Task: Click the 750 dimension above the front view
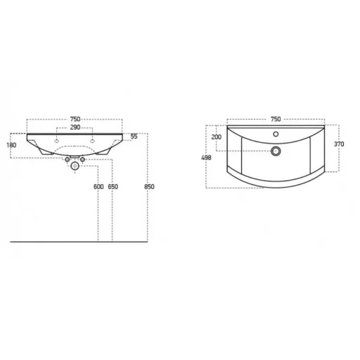pyautogui.click(x=75, y=119)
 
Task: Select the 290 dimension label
pyautogui.click(x=75, y=127)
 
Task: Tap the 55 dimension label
pyautogui.click(x=134, y=136)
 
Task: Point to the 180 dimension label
pyautogui.click(x=11, y=145)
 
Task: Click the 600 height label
pyautogui.click(x=98, y=187)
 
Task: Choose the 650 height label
pyautogui.click(x=113, y=187)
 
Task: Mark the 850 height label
pyautogui.click(x=149, y=187)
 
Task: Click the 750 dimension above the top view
pyautogui.click(x=276, y=119)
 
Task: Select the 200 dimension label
pyautogui.click(x=217, y=137)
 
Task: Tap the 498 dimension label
pyautogui.click(x=206, y=157)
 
